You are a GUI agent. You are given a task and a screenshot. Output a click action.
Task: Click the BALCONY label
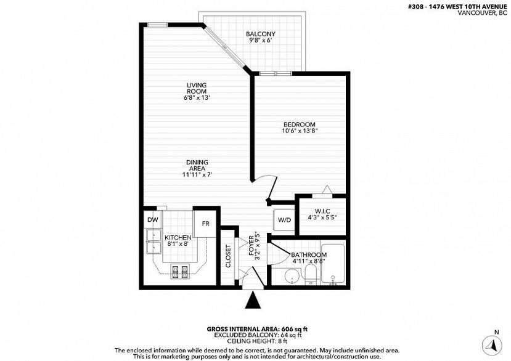tap(260, 34)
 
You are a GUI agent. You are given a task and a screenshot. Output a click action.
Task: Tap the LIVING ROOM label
tap(196, 88)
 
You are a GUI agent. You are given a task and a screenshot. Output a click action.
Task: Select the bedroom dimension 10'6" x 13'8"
tap(300, 131)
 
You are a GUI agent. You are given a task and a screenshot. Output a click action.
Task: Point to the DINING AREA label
tap(197, 165)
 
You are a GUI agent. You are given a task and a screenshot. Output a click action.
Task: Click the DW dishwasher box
tap(152, 219)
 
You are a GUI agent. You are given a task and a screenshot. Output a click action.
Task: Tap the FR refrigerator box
tap(205, 224)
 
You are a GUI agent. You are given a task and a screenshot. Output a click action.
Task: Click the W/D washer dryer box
tap(284, 220)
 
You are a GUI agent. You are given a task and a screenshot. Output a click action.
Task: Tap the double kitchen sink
tap(154, 241)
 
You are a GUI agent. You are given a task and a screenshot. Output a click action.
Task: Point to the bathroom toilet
tap(311, 275)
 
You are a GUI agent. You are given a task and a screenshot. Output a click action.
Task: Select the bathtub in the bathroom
tap(332, 264)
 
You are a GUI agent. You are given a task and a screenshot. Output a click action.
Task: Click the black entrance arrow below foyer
tap(253, 300)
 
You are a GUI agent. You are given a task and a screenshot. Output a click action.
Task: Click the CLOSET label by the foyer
tap(228, 256)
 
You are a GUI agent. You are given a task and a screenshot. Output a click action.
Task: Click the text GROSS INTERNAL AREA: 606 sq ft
tap(257, 329)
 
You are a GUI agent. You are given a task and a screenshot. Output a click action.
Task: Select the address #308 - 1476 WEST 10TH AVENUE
tap(457, 7)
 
